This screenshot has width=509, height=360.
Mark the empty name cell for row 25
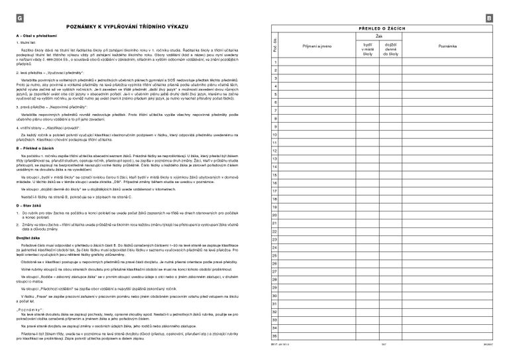tap(318, 255)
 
